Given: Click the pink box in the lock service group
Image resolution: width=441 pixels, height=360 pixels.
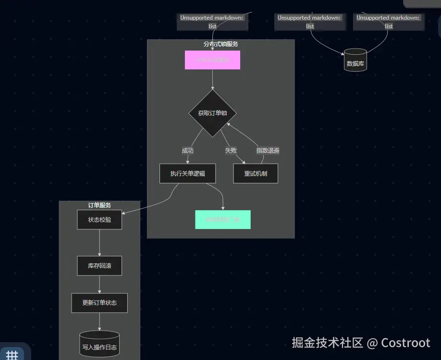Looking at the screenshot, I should click(x=212, y=60).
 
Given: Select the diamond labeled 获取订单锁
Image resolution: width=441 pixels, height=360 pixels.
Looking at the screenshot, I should click(x=212, y=113).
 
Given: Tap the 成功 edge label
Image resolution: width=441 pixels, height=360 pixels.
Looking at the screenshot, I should click(x=187, y=150).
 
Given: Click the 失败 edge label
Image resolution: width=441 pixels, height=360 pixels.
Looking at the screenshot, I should click(x=231, y=150).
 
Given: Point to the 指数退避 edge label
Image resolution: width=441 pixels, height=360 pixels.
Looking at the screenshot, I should click(x=268, y=150).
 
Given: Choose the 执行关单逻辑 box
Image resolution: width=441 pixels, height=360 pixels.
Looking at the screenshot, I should click(x=187, y=174).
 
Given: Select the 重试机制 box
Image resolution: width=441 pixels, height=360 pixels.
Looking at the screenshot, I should click(x=256, y=174).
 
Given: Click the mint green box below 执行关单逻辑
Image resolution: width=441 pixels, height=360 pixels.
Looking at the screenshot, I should click(x=223, y=219).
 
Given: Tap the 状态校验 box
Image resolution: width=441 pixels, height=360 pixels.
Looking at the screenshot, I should click(x=99, y=220).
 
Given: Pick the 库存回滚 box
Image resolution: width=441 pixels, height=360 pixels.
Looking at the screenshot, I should click(x=99, y=265).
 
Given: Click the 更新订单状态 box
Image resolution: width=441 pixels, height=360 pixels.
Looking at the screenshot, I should click(x=99, y=303).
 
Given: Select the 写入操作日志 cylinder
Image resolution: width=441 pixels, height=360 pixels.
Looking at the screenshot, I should click(x=99, y=344).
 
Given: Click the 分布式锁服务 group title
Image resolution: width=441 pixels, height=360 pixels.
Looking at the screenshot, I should click(x=220, y=44).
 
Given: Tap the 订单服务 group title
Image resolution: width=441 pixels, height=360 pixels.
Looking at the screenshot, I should click(x=99, y=205).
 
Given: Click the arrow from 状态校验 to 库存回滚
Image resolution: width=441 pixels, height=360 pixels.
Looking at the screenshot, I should click(x=99, y=242).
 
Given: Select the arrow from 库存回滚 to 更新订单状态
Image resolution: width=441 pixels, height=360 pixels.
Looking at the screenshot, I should click(x=99, y=284).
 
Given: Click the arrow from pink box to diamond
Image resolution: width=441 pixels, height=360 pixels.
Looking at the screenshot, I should click(x=212, y=79).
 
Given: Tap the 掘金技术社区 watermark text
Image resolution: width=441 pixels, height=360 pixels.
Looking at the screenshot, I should click(x=327, y=343).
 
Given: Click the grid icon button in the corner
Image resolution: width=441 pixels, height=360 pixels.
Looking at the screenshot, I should click(x=12, y=354).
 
